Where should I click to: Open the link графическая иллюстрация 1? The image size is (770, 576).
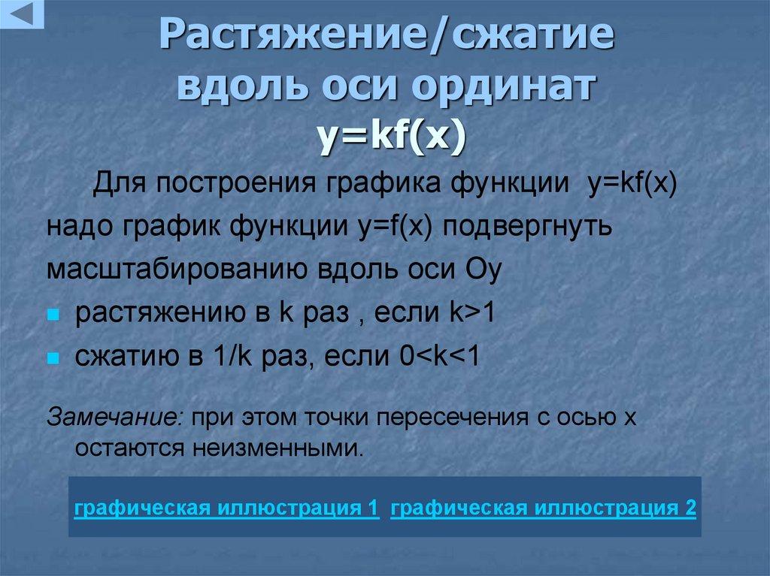point(226,507)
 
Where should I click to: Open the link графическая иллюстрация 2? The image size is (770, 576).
point(544,507)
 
